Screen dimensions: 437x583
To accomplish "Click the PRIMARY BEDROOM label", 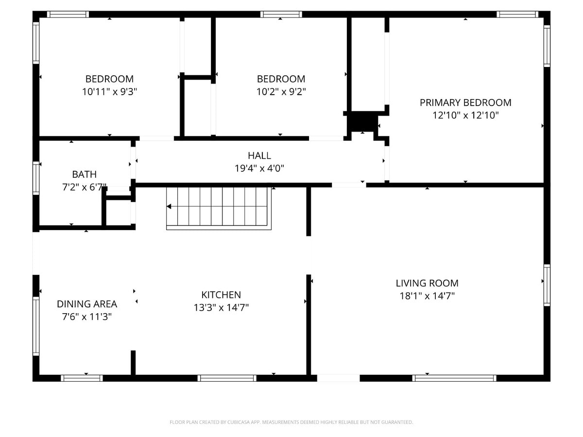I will (x=465, y=102).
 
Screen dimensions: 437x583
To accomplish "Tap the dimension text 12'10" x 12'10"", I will (x=465, y=116).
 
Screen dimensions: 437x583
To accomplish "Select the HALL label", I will (x=259, y=155).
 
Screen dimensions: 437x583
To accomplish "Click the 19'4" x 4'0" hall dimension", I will (x=259, y=168).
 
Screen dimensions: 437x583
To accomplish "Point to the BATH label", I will (x=84, y=174).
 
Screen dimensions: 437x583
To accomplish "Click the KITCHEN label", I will (x=221, y=295).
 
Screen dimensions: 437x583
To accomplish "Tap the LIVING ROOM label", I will (x=427, y=283).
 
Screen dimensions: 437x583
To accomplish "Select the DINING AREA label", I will (x=87, y=304).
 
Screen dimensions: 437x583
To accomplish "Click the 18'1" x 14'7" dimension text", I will (x=427, y=296).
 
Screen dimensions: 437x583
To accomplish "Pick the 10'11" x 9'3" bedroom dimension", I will (x=110, y=91).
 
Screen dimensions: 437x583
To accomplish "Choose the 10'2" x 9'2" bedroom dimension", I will (x=281, y=91).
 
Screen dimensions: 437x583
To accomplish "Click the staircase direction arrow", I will (x=169, y=206).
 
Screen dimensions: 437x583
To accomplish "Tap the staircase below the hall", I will (x=219, y=208).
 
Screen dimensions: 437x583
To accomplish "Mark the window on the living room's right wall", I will (x=547, y=285).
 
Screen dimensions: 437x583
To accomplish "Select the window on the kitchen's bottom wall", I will (x=227, y=378).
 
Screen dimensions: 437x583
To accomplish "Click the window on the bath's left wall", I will (x=36, y=178).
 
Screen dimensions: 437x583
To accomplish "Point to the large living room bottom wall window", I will (x=454, y=378).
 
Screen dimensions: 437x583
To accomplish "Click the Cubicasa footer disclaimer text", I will (x=291, y=422).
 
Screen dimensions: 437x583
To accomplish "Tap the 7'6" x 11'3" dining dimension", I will (x=87, y=317).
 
